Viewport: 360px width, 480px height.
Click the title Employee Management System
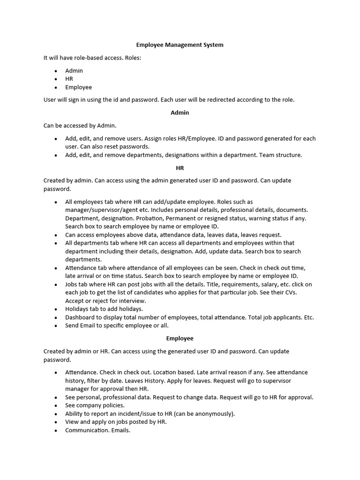(180, 45)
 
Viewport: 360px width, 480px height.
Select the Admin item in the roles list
(74, 71)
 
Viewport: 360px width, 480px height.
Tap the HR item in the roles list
(69, 79)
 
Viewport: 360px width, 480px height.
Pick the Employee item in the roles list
(78, 87)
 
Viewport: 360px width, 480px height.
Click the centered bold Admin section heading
(180, 112)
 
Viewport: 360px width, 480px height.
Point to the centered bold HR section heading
(180, 167)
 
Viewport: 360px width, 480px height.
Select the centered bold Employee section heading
(180, 338)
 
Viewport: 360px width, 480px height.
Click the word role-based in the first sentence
(88, 58)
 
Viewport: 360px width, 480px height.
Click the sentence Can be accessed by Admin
(80, 126)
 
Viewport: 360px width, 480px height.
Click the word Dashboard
(81, 317)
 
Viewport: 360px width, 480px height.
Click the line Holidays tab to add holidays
(104, 309)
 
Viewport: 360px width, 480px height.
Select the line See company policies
(95, 405)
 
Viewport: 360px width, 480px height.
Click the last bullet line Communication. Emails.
(97, 430)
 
